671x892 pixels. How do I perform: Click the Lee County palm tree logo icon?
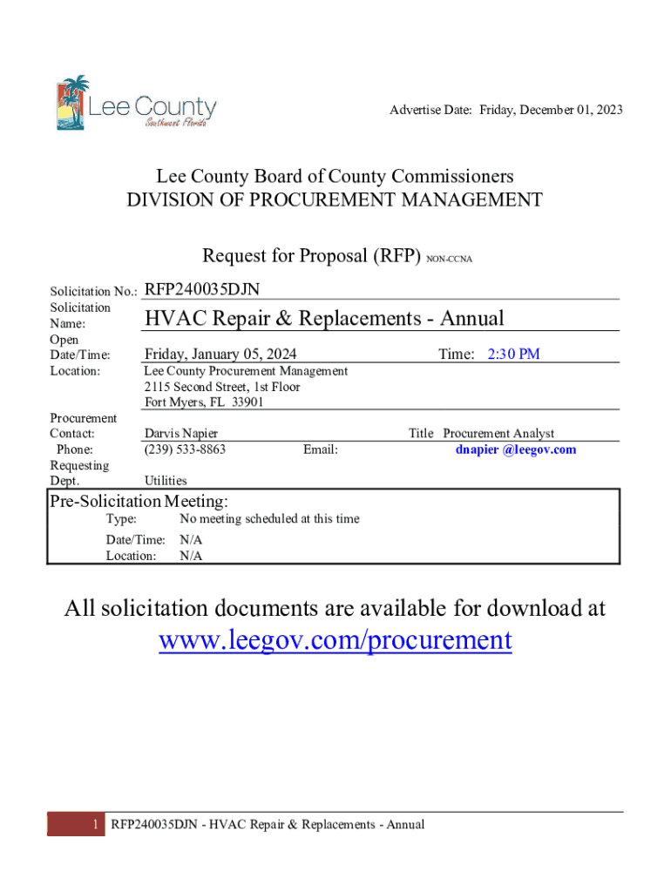click(x=73, y=102)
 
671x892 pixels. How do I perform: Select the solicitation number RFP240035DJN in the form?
click(x=202, y=289)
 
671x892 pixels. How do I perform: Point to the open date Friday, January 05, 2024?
click(x=220, y=354)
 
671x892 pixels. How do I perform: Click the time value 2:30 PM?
click(x=513, y=354)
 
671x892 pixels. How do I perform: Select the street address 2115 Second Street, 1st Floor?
click(x=222, y=387)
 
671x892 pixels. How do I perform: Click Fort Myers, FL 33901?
click(x=204, y=402)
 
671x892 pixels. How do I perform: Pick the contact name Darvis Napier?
click(x=181, y=434)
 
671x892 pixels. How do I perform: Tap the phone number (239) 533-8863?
click(x=185, y=449)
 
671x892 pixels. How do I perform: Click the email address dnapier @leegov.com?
click(x=516, y=449)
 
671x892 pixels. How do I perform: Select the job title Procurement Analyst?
click(x=498, y=434)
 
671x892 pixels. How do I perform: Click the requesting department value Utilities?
click(x=166, y=480)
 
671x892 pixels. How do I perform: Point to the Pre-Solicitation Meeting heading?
click(x=139, y=501)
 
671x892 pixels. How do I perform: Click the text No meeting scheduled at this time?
click(x=269, y=519)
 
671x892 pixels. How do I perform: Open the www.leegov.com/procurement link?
click(x=335, y=640)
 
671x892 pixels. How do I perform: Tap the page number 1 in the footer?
click(x=94, y=824)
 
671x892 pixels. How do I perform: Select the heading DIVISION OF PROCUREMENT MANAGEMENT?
click(x=335, y=200)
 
